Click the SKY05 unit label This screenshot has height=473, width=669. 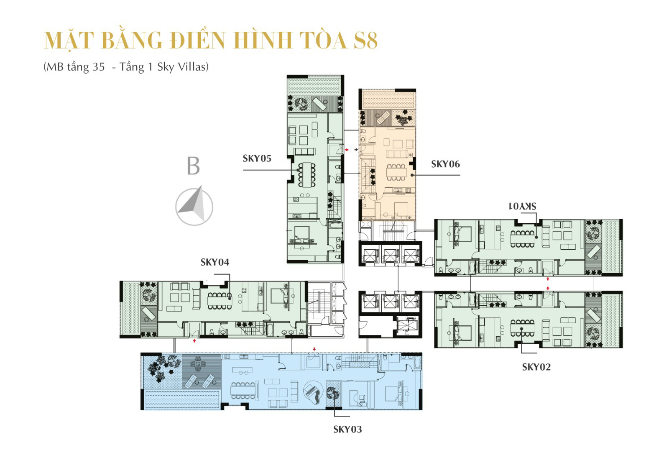click(257, 159)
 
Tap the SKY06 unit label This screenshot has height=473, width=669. click(445, 164)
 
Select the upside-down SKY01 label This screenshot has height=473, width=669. click(522, 206)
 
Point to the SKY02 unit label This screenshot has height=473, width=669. click(536, 367)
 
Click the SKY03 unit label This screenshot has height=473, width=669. click(347, 430)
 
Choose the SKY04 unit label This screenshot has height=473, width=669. click(215, 262)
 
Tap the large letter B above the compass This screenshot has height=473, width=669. click(193, 166)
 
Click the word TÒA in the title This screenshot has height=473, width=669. click(322, 41)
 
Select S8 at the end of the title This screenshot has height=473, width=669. click(365, 41)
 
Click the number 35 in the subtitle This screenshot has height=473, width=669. click(99, 67)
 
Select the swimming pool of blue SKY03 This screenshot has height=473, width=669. click(181, 400)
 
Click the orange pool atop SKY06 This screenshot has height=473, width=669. click(389, 100)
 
